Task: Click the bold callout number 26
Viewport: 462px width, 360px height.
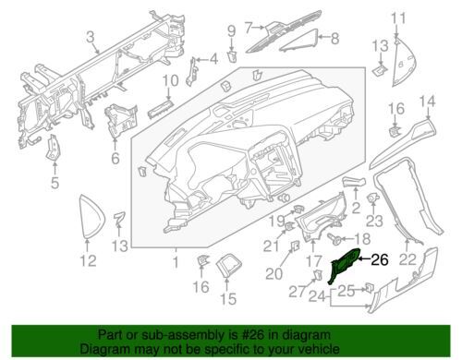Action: (x=380, y=260)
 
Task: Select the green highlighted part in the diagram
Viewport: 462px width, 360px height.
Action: (x=344, y=264)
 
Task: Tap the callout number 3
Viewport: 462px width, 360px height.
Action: (x=90, y=38)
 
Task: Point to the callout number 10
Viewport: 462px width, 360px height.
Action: (x=170, y=80)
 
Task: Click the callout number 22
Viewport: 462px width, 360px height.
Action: (x=408, y=259)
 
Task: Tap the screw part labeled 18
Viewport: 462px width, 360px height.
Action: (x=334, y=238)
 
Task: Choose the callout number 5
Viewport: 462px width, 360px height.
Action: (x=55, y=183)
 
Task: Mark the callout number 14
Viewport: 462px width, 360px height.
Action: (x=428, y=102)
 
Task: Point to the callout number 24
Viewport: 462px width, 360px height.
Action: (x=317, y=296)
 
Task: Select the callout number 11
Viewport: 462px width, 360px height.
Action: (x=399, y=18)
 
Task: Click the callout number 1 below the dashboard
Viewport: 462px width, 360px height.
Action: (x=176, y=262)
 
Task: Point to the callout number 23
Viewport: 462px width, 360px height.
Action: (x=374, y=221)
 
